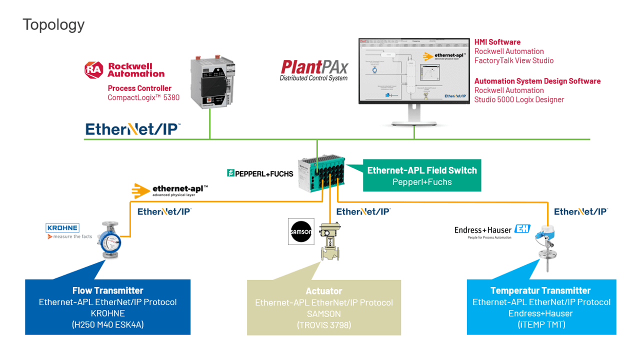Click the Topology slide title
[53, 24]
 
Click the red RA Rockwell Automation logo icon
[93, 70]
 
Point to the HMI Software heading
[497, 42]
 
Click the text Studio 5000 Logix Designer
[519, 99]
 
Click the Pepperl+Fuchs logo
[260, 173]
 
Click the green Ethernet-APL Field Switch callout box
[422, 176]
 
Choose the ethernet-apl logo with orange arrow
[170, 190]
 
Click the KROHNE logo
[63, 228]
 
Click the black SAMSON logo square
[301, 231]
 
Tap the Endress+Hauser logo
[492, 230]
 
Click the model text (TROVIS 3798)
[323, 325]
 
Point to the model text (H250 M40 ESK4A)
[107, 324]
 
